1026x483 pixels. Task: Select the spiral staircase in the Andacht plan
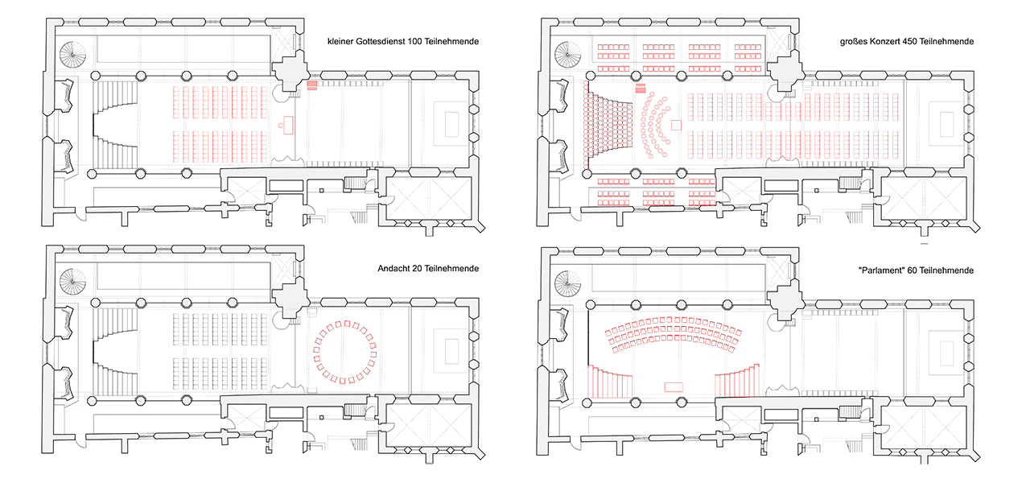[x=75, y=283]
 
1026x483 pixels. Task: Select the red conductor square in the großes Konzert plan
[x=676, y=125]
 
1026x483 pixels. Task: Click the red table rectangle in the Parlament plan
[x=674, y=387]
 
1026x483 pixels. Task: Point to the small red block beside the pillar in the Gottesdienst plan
[x=312, y=85]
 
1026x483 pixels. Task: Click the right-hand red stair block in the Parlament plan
[x=737, y=382]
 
